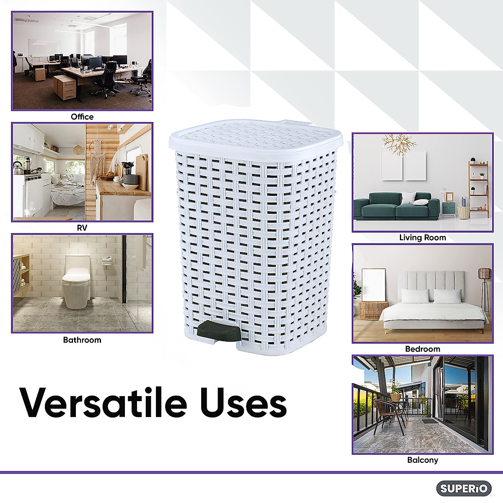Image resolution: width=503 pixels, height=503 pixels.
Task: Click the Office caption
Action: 82,117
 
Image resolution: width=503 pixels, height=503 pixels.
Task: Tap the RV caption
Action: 82,228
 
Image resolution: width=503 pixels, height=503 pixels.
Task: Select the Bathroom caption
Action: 82,340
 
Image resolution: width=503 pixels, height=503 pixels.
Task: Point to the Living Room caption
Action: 423,238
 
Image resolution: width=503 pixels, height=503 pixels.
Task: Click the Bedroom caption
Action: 423,349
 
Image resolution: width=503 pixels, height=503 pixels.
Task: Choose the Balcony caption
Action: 423,460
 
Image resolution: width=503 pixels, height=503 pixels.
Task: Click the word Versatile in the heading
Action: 103,403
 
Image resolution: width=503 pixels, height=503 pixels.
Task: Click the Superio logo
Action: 464,488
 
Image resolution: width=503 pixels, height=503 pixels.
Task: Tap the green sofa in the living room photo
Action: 396,206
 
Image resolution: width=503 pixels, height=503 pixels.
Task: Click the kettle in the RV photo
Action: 18,168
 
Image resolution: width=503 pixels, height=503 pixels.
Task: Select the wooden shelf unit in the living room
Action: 478,189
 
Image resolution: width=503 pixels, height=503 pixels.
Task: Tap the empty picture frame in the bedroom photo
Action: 373,285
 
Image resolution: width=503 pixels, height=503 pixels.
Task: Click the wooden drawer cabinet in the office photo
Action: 65,88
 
